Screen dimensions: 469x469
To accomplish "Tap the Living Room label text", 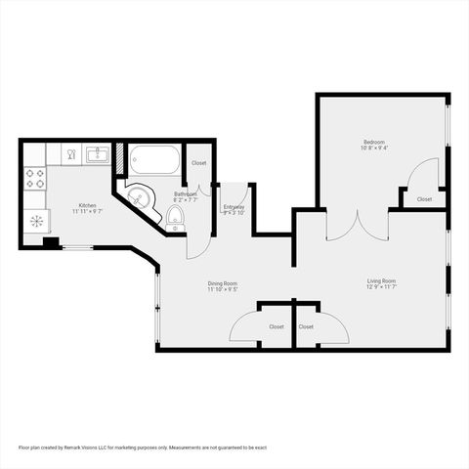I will click(x=381, y=280).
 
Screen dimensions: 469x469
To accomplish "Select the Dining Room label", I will click(x=223, y=283).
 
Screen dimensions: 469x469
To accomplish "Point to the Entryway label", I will click(x=234, y=206).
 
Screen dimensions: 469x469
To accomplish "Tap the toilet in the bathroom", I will click(x=176, y=214).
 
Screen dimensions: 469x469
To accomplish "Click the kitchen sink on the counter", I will click(x=96, y=154).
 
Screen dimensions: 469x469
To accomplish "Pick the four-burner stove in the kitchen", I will click(x=35, y=178).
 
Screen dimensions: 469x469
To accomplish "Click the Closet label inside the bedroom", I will click(x=424, y=199).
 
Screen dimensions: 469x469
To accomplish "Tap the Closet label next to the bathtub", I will click(x=198, y=162).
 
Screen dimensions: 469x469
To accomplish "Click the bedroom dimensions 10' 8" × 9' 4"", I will click(x=374, y=149).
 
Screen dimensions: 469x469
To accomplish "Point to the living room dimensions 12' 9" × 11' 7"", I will click(x=381, y=287).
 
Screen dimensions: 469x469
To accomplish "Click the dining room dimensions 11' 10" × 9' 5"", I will click(x=223, y=290).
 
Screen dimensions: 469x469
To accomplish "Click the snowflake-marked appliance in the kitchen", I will click(x=36, y=221).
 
